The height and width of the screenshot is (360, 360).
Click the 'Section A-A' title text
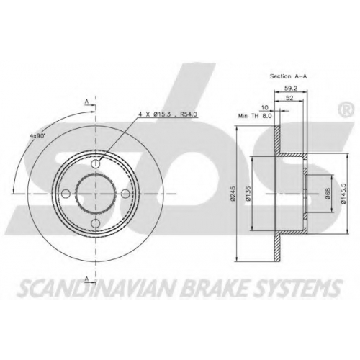coord(288,76)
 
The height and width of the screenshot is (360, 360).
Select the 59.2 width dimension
coord(291,89)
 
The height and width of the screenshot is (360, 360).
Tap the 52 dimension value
coord(290,98)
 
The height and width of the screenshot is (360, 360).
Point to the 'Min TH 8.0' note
coord(255,116)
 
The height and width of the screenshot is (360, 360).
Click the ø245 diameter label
coord(232,193)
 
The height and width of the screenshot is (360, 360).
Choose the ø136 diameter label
coord(248,193)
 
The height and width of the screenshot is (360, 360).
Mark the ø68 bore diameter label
coord(328,193)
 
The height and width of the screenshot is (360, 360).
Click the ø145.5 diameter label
coord(343,194)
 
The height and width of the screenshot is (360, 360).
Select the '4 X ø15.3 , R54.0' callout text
coord(168,114)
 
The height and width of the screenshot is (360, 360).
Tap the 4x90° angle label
coord(37,135)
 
